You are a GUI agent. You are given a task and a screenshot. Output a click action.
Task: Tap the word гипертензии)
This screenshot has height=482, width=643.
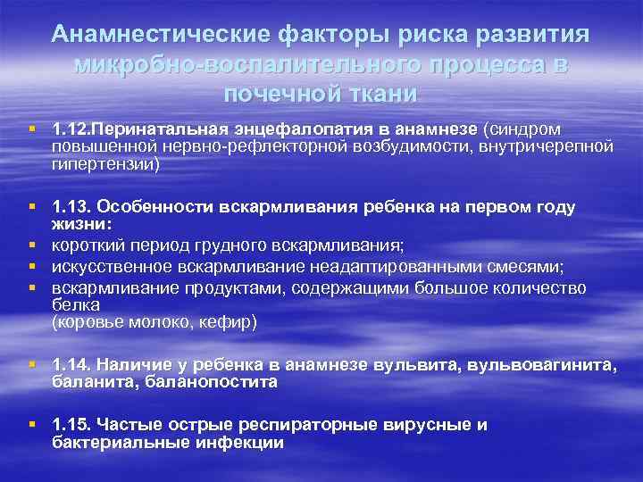[x=105, y=164]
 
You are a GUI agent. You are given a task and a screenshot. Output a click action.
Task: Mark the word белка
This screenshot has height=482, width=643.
[x=71, y=304]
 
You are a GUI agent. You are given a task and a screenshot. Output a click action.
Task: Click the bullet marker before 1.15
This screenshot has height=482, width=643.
[x=32, y=425]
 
